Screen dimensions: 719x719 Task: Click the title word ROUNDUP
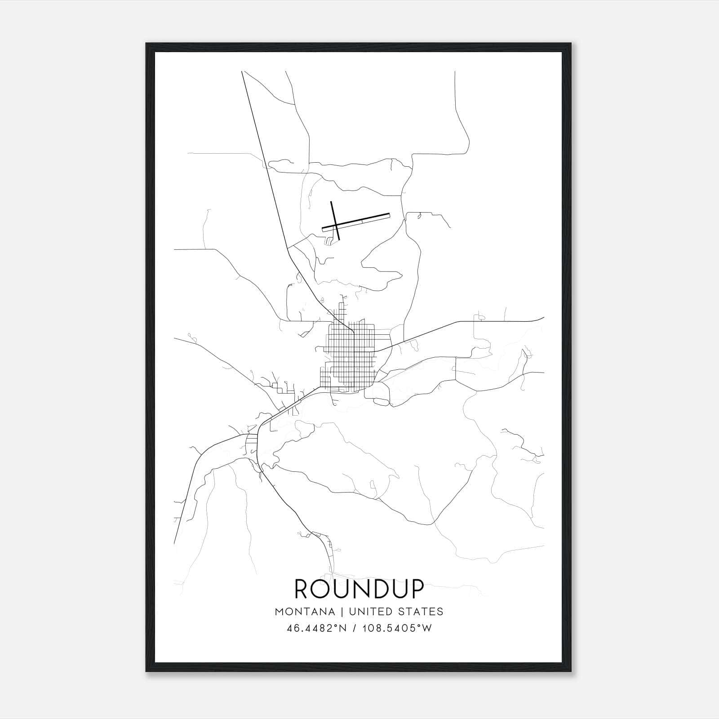(x=359, y=589)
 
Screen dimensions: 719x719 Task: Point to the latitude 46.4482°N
(x=316, y=628)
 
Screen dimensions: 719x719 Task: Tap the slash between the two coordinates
(x=355, y=628)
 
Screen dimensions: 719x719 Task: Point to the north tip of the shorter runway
(x=331, y=202)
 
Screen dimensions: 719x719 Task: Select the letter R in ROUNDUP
(x=302, y=589)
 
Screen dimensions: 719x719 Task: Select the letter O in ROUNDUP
(x=324, y=589)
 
